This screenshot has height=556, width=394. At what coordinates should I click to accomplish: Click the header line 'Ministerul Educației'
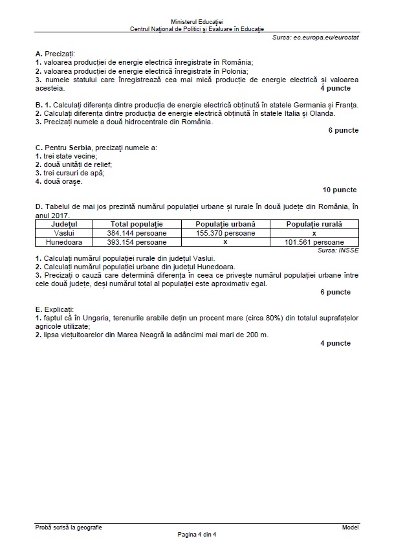click(x=197, y=23)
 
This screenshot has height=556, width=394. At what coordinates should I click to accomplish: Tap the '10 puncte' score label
click(x=340, y=190)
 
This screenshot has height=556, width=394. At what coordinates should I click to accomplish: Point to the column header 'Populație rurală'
click(x=314, y=223)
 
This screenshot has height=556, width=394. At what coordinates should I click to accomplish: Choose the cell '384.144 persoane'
click(x=137, y=232)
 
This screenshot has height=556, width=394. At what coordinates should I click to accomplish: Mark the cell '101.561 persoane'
click(x=314, y=241)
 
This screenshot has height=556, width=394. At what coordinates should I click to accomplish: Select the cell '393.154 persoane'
click(x=137, y=241)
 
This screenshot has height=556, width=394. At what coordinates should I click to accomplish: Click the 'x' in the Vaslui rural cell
click(x=314, y=232)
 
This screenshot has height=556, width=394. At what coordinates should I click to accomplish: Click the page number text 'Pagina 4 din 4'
click(x=197, y=535)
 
